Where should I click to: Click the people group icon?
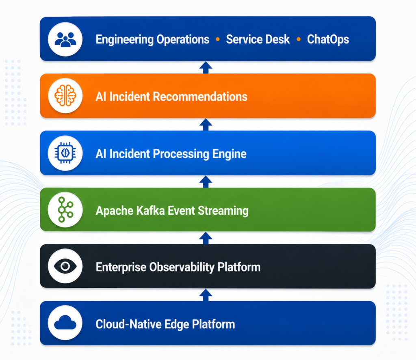(x=65, y=39)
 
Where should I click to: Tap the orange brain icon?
(x=65, y=96)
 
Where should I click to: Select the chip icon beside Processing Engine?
(x=65, y=153)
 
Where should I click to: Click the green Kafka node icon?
(x=65, y=209)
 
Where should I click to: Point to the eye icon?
(x=65, y=266)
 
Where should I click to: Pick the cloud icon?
(x=65, y=323)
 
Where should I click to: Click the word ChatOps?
(x=328, y=39)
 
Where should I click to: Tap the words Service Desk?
(x=258, y=39)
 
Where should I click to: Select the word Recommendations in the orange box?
(x=200, y=97)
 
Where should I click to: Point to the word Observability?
(x=182, y=267)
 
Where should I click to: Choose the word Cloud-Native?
(x=128, y=324)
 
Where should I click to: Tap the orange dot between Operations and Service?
(x=218, y=39)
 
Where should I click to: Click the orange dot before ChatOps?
(x=299, y=39)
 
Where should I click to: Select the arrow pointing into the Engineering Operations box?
(x=206, y=68)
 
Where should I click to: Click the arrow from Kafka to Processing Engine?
(x=206, y=181)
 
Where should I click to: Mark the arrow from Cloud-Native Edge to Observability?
(x=206, y=295)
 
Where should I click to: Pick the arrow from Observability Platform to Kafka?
(x=206, y=238)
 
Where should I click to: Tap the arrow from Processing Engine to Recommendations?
(x=206, y=125)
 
